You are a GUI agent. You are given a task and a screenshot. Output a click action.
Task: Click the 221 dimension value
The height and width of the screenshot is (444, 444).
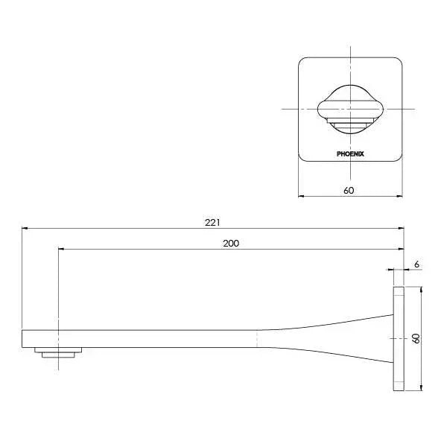point(213,221)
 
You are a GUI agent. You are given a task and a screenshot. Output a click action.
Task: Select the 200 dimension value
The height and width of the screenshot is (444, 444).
point(231,243)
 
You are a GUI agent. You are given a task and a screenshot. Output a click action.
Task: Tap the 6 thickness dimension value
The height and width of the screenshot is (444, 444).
point(416,264)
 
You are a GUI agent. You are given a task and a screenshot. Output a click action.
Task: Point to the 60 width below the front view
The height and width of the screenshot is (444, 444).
point(349,190)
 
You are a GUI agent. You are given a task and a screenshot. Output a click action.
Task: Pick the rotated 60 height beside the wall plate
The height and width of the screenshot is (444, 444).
point(416,338)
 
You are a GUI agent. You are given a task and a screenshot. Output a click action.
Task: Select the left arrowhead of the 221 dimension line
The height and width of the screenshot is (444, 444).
point(25,228)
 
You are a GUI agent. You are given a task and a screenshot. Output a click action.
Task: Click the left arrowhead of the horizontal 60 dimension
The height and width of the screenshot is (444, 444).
point(301,197)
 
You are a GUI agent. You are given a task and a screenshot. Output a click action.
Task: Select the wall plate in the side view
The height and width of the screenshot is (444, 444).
point(398,338)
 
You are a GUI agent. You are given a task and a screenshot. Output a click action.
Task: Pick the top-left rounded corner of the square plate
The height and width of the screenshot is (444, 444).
point(302,61)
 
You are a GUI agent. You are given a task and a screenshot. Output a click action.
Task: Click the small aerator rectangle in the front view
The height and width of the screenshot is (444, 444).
point(349,125)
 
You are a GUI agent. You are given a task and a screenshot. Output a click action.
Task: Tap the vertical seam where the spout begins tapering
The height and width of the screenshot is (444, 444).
point(258,339)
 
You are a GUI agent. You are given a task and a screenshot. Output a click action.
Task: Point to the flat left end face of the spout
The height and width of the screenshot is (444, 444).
point(22,339)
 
